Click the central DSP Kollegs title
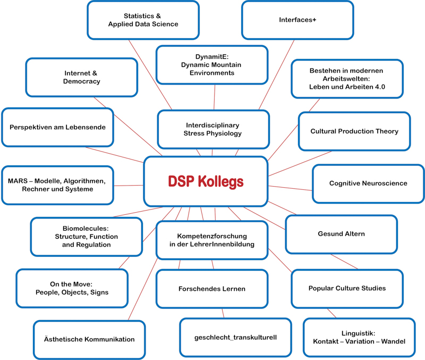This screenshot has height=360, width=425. click(205, 182)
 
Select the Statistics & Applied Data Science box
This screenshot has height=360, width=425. click(143, 20)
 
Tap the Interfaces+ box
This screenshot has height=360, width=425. click(297, 20)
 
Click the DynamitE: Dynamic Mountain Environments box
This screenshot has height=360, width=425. click(211, 65)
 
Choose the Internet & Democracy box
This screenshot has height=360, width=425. click(81, 78)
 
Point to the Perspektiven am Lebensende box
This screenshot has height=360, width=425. click(57, 128)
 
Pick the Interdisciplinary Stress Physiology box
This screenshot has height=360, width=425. click(212, 129)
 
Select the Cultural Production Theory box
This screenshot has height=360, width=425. click(354, 131)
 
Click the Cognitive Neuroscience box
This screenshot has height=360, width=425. click(368, 183)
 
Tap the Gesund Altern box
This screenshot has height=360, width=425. click(341, 234)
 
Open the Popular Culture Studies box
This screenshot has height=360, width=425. click(347, 288)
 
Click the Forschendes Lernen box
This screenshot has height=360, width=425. click(211, 289)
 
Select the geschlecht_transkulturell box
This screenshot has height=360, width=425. click(235, 337)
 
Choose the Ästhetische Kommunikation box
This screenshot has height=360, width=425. click(89, 339)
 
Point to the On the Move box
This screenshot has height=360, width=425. click(72, 288)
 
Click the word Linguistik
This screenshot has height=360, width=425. click(359, 333)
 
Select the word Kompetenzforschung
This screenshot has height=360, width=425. click(211, 236)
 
